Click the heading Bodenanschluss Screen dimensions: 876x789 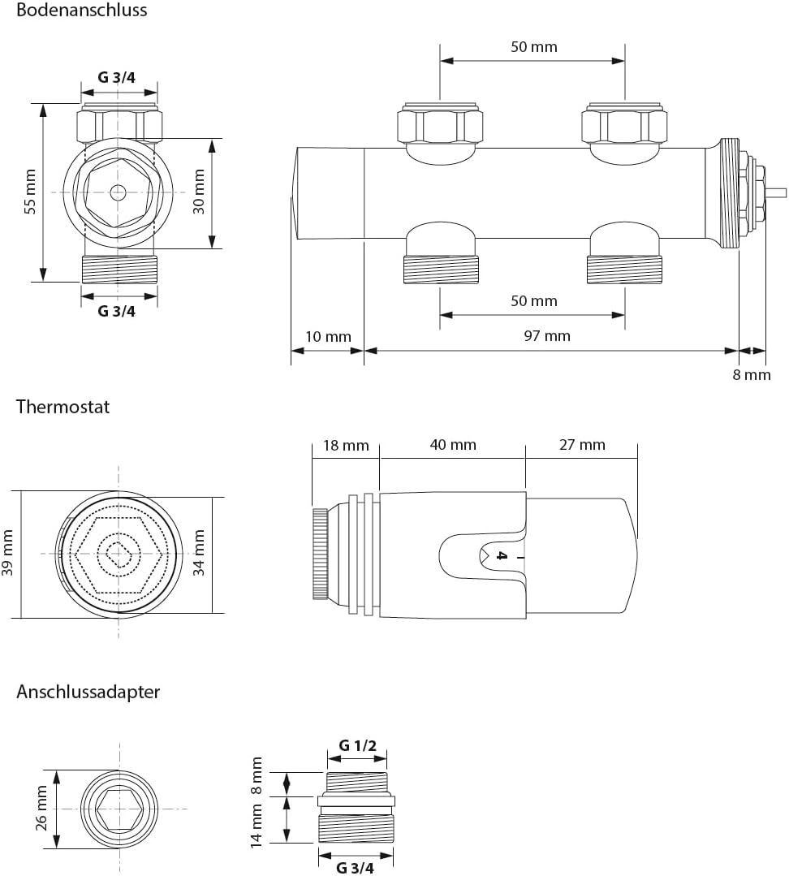point(82,11)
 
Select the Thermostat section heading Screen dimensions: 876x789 point(63,406)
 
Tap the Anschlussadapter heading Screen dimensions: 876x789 point(88,692)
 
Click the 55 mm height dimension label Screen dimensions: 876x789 point(31,192)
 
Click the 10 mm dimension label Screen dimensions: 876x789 point(328,336)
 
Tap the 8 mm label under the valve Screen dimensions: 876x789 point(752,374)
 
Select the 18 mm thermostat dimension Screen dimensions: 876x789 point(346,445)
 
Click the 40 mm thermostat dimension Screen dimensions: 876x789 point(453,445)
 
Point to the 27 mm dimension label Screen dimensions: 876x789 point(582,445)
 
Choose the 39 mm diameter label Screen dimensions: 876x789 point(8,552)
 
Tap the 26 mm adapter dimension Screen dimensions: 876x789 point(42,809)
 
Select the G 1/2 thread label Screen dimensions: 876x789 point(357,745)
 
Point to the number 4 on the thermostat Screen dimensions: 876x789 point(501,556)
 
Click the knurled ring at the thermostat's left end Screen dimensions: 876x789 point(320,554)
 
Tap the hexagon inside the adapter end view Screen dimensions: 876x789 point(119,809)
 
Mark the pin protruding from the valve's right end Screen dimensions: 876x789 point(778,192)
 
